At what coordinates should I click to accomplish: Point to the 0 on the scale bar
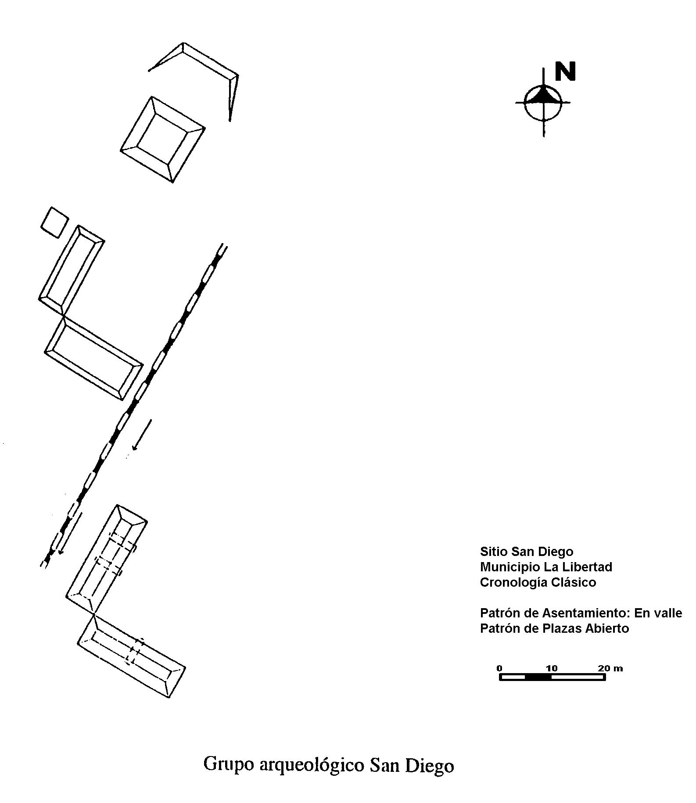point(499,668)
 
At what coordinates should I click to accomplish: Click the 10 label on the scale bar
point(552,668)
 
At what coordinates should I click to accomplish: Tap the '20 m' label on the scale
point(610,668)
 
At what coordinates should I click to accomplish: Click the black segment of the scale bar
point(538,677)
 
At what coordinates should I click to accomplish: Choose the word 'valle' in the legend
point(667,613)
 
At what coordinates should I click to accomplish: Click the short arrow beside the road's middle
point(142,434)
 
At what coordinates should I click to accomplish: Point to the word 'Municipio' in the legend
point(510,567)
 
